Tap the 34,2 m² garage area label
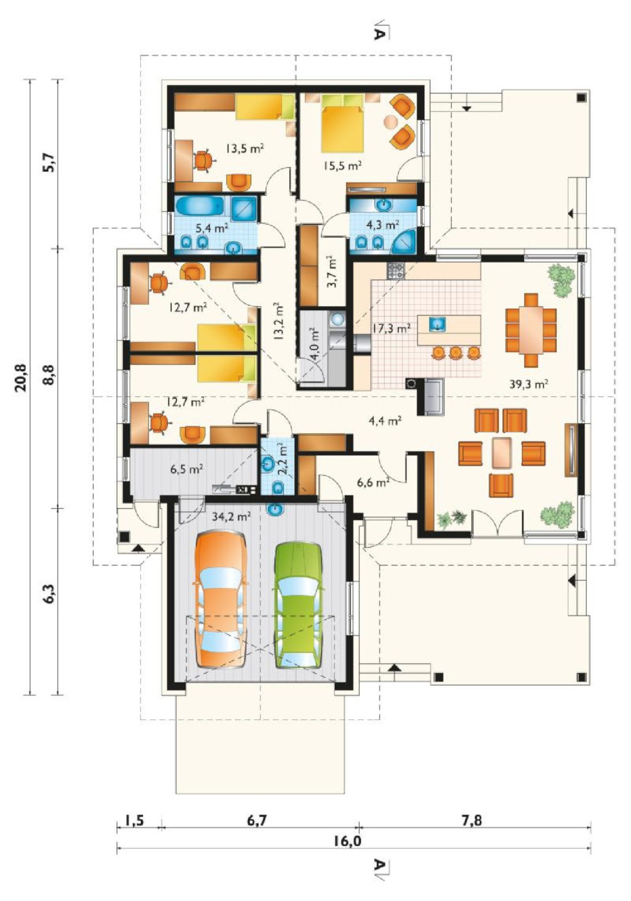231,516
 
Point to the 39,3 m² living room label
529,384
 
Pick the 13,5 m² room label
245,149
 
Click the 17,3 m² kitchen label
391,329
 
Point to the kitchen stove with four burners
395,270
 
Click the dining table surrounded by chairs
531,330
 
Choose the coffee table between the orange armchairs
501,453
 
